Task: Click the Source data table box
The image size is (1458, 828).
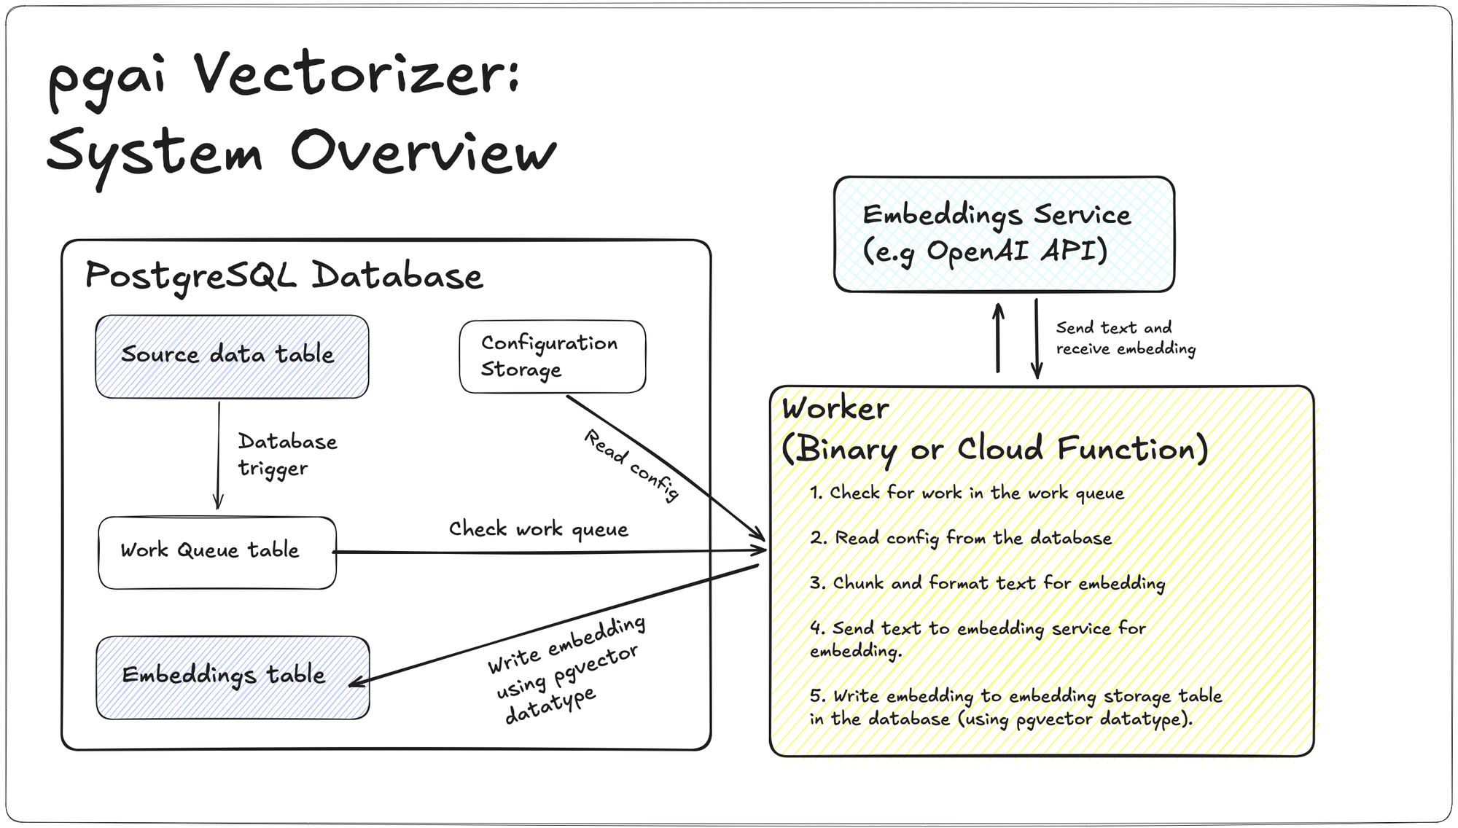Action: [232, 356]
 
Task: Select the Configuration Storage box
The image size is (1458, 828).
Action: [552, 356]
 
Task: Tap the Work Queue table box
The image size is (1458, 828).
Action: [217, 552]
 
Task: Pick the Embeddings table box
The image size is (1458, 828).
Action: [233, 677]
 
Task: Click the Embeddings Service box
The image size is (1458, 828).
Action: [1004, 234]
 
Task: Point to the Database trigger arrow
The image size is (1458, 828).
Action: [218, 455]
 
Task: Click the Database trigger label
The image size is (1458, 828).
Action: [287, 455]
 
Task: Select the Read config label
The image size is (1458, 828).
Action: [632, 466]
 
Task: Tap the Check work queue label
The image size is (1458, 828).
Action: [538, 529]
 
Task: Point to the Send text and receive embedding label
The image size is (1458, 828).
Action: [1125, 338]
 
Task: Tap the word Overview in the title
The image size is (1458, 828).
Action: [423, 152]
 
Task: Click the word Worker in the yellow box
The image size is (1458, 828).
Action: [835, 408]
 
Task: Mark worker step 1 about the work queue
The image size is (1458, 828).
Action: [967, 493]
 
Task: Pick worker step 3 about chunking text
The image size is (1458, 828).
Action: [987, 583]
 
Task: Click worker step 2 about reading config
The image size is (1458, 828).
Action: [961, 539]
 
